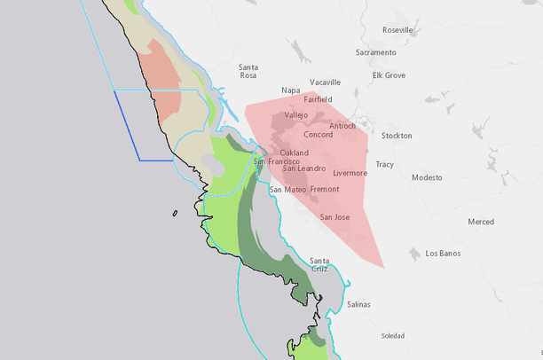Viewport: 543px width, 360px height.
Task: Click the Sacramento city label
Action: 375,52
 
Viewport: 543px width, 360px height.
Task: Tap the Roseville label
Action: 397,30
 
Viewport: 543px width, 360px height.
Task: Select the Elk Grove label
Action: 389,75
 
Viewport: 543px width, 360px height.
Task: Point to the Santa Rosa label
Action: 248,71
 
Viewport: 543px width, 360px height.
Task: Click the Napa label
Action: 290,90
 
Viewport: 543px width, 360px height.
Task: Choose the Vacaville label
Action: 325,82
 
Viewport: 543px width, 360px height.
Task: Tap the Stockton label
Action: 396,136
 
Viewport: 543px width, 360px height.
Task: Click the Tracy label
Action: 384,164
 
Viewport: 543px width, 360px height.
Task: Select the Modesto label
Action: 427,177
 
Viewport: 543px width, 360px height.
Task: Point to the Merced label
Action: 481,222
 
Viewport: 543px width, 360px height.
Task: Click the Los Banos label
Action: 443,254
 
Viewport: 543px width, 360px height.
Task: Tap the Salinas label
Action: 358,304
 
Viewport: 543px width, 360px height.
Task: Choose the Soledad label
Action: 392,336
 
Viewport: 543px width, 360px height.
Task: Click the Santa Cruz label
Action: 319,264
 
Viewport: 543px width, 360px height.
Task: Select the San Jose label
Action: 334,217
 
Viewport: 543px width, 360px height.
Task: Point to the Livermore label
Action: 350,173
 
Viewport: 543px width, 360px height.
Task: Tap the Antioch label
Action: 342,126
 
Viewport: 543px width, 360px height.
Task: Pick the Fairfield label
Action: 318,99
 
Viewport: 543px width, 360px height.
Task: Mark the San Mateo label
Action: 287,190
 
